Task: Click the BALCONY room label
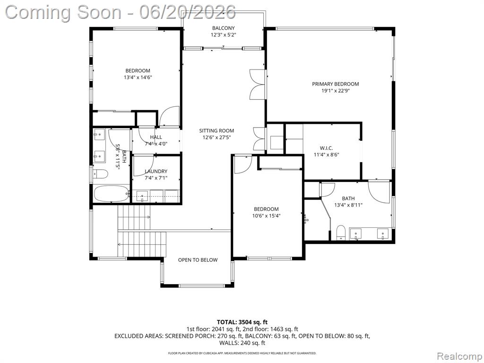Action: tap(223, 28)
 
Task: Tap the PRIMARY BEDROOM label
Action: tap(335, 84)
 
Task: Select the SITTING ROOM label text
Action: tap(216, 130)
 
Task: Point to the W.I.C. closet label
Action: tap(326, 148)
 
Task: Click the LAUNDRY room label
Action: tap(156, 171)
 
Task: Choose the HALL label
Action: tap(156, 137)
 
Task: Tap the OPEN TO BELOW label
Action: tap(198, 260)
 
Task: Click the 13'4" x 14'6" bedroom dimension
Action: tap(138, 78)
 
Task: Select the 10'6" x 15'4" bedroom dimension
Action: tap(266, 216)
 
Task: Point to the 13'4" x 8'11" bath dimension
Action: tap(348, 205)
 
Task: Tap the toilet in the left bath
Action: tap(100, 174)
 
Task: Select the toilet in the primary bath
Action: tap(341, 232)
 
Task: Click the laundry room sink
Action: tap(142, 196)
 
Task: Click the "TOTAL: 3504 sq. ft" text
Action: tap(242, 322)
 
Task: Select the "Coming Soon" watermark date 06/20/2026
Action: tap(187, 12)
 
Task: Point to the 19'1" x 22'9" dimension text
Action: tap(335, 91)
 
